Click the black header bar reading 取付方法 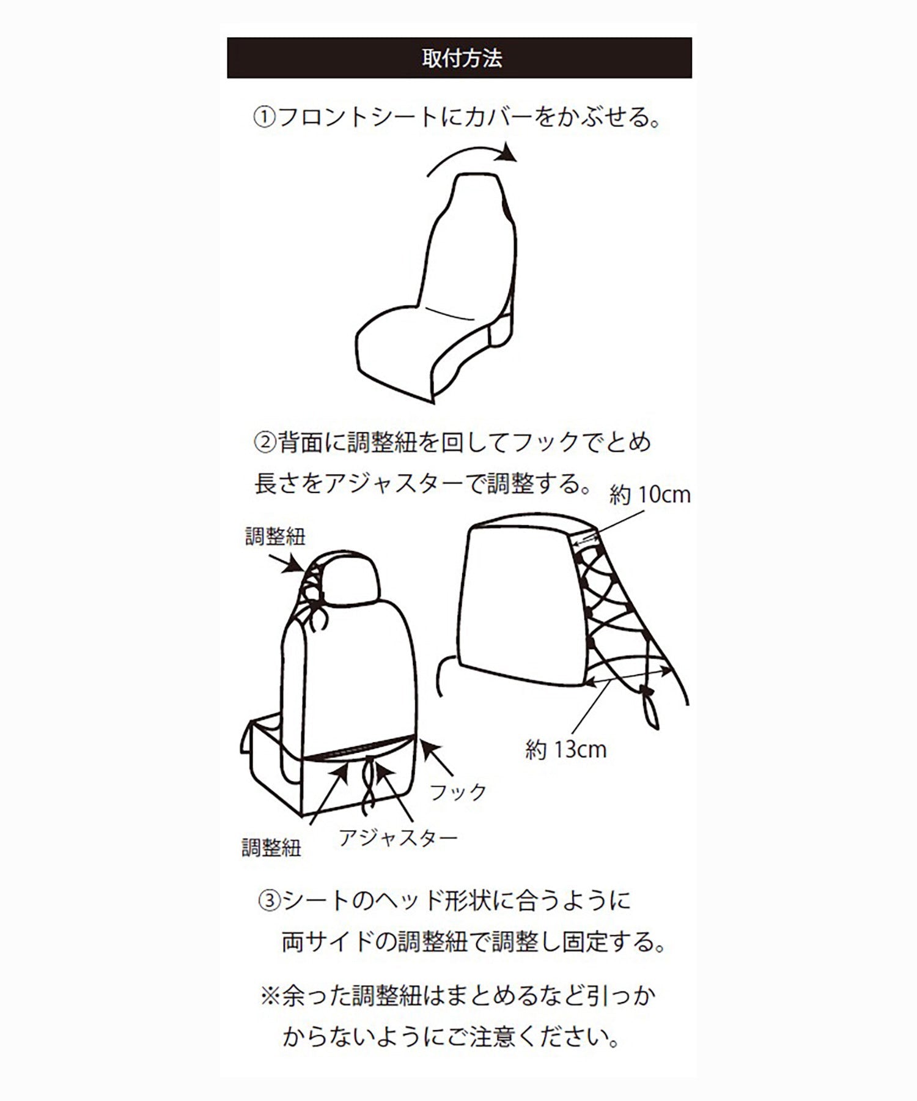[459, 58]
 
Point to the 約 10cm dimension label [649, 494]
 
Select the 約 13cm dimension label [565, 749]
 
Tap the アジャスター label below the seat [398, 837]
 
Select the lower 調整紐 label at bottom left [271, 848]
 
